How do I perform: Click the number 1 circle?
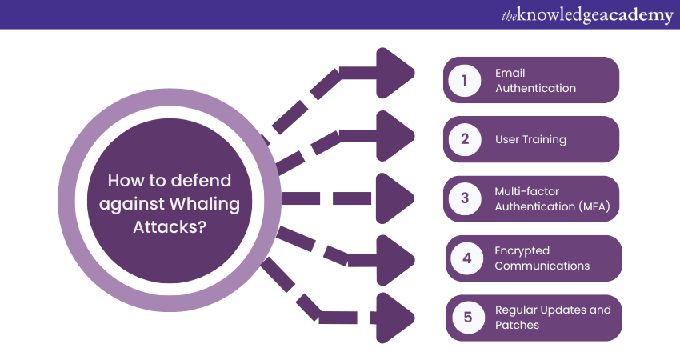(463, 80)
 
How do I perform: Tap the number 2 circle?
(463, 139)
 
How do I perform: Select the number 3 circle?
(463, 198)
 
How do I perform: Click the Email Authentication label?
(535, 80)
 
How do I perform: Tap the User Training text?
(530, 139)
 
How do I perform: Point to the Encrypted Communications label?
(542, 258)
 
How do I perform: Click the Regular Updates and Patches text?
(553, 318)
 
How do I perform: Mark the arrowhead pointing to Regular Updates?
(394, 318)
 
